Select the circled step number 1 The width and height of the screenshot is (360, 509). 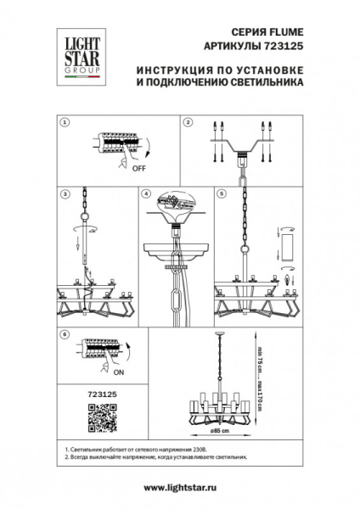click(65, 123)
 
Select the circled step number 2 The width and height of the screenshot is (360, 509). click(188, 123)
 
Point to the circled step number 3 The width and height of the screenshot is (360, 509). click(65, 194)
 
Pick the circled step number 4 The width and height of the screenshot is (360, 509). click(146, 194)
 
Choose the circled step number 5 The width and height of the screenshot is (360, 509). click(222, 194)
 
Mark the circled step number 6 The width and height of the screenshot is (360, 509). click(65, 336)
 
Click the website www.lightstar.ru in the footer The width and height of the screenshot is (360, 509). click(179, 487)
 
